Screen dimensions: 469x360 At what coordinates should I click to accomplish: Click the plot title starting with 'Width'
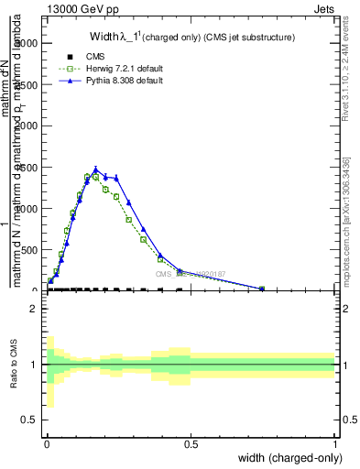191,38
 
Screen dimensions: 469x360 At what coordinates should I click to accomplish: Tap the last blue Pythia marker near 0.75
262,289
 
